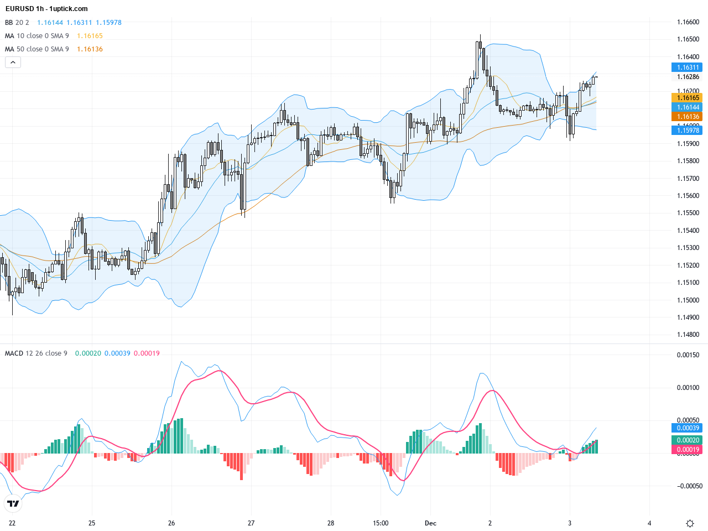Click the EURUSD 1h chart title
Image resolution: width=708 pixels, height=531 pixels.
pos(46,9)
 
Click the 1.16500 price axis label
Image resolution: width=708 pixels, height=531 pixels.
pos(688,39)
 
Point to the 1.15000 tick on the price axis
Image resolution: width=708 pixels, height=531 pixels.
pos(688,300)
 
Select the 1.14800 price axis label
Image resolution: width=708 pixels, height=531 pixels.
pos(688,335)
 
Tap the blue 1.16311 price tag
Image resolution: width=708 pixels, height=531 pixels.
pos(688,67)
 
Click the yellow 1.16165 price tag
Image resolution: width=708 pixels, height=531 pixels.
pos(688,98)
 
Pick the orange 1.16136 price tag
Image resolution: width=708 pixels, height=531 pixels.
pos(688,117)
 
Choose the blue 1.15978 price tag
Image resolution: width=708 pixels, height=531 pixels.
pos(688,130)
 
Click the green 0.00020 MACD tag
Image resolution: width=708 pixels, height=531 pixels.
pos(688,440)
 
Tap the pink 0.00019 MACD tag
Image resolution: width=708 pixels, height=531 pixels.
pos(688,450)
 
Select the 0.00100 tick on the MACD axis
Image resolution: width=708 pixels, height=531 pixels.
pos(688,388)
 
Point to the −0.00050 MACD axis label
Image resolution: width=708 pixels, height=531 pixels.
pos(688,486)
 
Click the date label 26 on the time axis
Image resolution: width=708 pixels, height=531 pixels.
pos(171,523)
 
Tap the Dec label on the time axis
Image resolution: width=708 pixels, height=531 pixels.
pos(430,523)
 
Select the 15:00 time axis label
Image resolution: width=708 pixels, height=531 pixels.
pos(381,523)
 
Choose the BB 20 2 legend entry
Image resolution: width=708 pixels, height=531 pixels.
pos(17,23)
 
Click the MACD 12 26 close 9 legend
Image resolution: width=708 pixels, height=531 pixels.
pos(36,353)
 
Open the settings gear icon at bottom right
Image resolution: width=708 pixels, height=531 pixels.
pos(690,523)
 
